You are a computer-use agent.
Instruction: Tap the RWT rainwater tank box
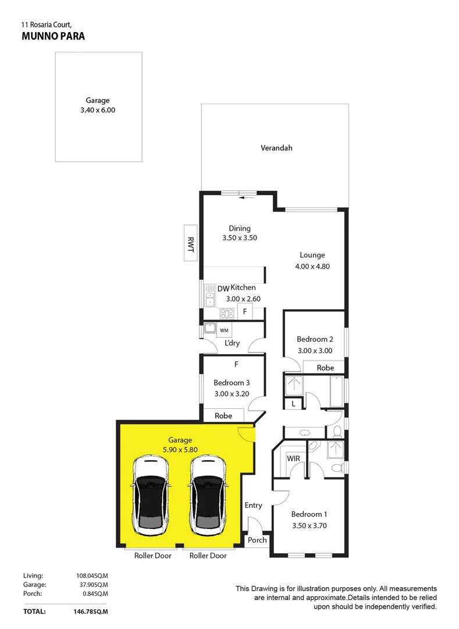point(190,242)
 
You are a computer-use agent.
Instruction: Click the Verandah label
point(276,148)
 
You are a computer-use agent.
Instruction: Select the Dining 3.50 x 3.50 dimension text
point(240,238)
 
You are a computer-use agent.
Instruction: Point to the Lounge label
point(312,255)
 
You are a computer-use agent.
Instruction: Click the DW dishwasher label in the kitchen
point(223,289)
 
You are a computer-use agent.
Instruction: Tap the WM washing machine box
point(224,331)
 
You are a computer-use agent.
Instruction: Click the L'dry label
point(232,343)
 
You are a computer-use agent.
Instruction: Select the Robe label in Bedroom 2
point(325,368)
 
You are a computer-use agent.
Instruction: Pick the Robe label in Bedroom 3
point(223,416)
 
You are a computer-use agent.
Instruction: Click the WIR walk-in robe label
point(294,458)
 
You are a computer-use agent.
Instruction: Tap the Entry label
point(253,505)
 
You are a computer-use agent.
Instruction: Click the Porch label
point(257,540)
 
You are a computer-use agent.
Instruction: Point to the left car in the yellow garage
point(151,495)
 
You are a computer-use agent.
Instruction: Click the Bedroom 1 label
point(309,514)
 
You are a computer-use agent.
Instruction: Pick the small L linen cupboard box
point(294,404)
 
